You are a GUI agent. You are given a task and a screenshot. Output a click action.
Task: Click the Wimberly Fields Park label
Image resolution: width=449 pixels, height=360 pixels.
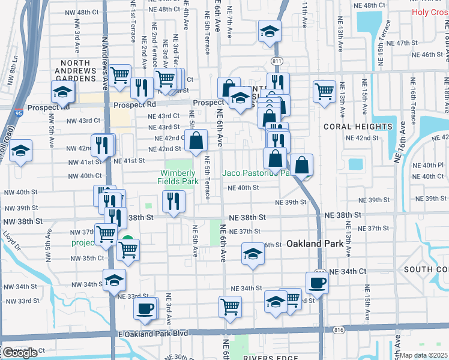(178, 169)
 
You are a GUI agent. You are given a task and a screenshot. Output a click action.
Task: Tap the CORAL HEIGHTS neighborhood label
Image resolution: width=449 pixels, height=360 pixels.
(358, 127)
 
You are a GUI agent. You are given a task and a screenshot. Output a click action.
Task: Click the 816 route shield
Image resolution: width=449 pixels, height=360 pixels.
(338, 330)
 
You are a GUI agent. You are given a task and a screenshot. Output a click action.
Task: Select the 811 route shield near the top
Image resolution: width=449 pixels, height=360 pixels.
(277, 61)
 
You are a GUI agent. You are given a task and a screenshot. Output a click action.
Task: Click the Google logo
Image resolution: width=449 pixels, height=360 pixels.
(20, 353)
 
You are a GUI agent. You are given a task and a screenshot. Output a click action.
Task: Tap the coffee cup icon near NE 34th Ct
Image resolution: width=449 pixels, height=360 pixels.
(317, 283)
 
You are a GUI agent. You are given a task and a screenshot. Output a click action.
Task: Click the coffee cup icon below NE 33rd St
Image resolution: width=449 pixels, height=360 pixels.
(143, 308)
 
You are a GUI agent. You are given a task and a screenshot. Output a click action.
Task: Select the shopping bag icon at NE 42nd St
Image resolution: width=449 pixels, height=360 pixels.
(196, 141)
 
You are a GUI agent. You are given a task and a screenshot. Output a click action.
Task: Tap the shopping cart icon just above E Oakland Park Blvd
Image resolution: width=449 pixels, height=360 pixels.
(230, 307)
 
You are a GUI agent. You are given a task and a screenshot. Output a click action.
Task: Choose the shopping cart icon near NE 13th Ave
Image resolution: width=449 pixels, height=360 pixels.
(324, 91)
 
